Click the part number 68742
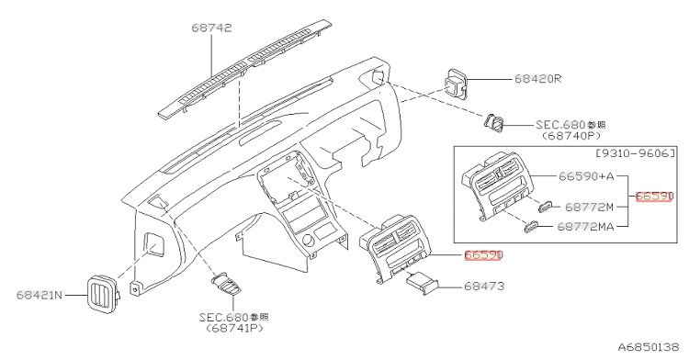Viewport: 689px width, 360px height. [211, 28]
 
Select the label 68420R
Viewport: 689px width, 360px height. [537, 79]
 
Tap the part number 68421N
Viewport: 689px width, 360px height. [40, 295]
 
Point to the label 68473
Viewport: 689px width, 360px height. [484, 287]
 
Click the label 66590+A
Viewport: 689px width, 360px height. [586, 176]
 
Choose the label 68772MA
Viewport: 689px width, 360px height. [586, 227]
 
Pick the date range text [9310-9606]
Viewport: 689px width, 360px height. [635, 153]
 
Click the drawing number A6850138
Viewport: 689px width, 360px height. [649, 347]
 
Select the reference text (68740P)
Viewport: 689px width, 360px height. [570, 136]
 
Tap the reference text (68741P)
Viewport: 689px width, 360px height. [234, 328]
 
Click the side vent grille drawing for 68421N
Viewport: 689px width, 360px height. [104, 294]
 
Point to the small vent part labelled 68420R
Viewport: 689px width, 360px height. [456, 84]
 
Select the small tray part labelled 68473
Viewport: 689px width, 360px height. [423, 283]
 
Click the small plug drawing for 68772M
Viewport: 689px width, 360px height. [545, 206]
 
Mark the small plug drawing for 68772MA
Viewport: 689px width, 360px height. [531, 226]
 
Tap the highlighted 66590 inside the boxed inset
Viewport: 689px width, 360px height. [654, 197]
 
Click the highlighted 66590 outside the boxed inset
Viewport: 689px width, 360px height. [483, 255]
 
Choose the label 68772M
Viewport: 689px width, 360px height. [589, 207]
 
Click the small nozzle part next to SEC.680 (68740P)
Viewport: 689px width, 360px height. [494, 122]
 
